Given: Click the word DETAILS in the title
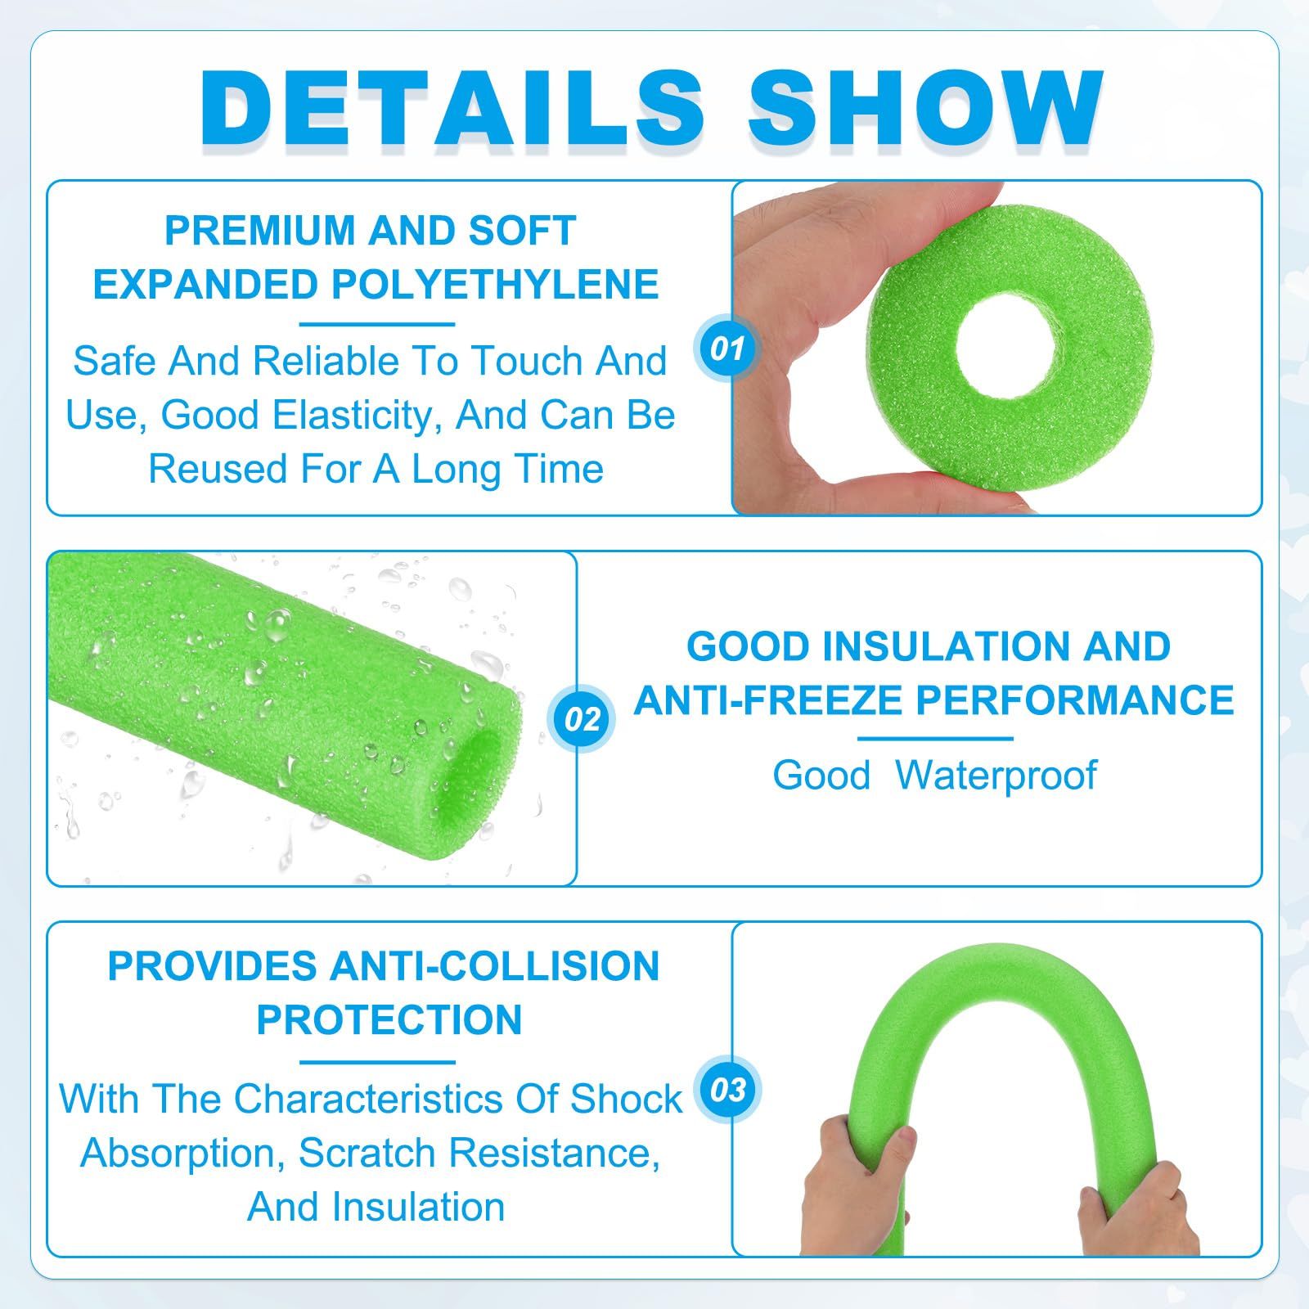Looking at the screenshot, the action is (452, 109).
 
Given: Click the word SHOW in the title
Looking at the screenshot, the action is (926, 109).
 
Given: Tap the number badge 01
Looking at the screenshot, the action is (727, 349).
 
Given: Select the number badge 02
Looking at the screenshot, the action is (582, 719).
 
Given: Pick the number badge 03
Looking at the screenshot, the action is (727, 1090).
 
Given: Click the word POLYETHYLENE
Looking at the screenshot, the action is (495, 285).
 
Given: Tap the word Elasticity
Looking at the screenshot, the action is (360, 415).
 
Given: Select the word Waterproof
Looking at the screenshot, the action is (996, 776).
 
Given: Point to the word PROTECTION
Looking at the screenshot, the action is (389, 1020).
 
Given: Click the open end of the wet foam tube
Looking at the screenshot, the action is (479, 765).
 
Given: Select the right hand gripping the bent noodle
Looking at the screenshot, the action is (1130, 1203).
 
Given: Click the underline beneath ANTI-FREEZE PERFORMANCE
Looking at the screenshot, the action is (934, 739).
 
